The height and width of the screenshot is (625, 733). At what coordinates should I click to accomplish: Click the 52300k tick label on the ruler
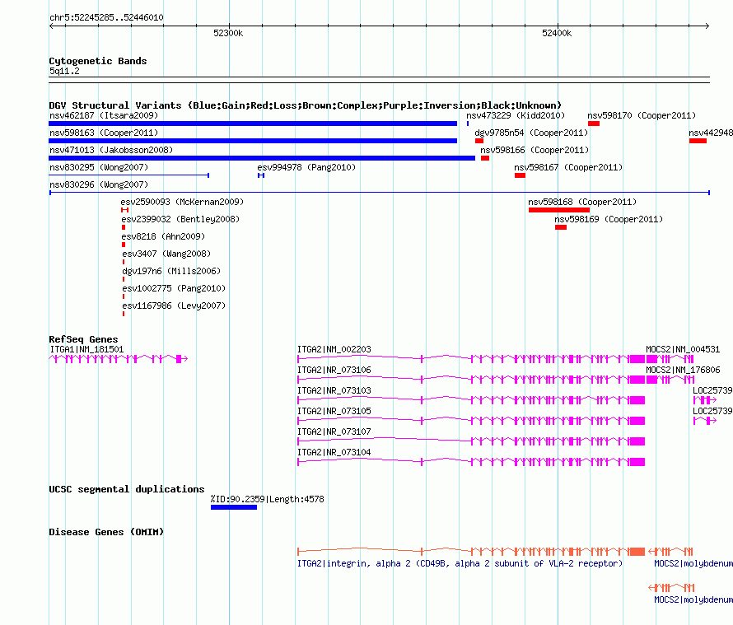(x=228, y=33)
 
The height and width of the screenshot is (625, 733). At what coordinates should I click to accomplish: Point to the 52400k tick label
(x=557, y=33)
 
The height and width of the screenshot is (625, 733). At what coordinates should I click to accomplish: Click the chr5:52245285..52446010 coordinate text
(x=106, y=17)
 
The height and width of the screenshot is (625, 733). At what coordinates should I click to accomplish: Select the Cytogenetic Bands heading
(x=98, y=61)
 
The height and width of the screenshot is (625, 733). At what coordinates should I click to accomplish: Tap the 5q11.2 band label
(x=64, y=71)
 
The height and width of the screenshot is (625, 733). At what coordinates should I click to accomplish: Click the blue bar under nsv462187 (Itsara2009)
(x=253, y=124)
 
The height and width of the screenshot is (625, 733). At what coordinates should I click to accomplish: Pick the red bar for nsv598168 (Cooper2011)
(x=559, y=210)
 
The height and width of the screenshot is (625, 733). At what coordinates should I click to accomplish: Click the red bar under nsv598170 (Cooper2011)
(x=594, y=124)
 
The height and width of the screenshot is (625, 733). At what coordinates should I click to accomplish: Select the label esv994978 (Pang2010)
(x=306, y=167)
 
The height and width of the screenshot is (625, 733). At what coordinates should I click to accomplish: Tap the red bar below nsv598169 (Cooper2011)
(x=561, y=227)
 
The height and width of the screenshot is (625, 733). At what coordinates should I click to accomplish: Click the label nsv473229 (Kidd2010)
(x=516, y=115)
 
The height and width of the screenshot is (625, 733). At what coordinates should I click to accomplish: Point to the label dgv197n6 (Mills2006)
(x=171, y=271)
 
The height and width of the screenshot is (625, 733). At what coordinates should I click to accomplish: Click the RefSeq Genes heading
(x=83, y=339)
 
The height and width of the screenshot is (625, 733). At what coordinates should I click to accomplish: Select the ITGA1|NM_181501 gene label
(x=86, y=349)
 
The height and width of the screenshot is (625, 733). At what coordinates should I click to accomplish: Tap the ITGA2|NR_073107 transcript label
(x=334, y=431)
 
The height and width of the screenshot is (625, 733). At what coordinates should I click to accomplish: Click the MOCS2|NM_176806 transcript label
(x=683, y=370)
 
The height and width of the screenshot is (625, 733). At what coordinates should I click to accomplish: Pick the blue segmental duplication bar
(x=234, y=507)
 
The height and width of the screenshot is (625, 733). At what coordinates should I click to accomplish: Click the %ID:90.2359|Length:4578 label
(x=268, y=499)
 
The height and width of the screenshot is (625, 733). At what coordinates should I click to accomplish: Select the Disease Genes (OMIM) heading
(x=106, y=532)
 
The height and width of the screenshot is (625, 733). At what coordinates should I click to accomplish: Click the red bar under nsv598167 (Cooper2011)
(x=520, y=175)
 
